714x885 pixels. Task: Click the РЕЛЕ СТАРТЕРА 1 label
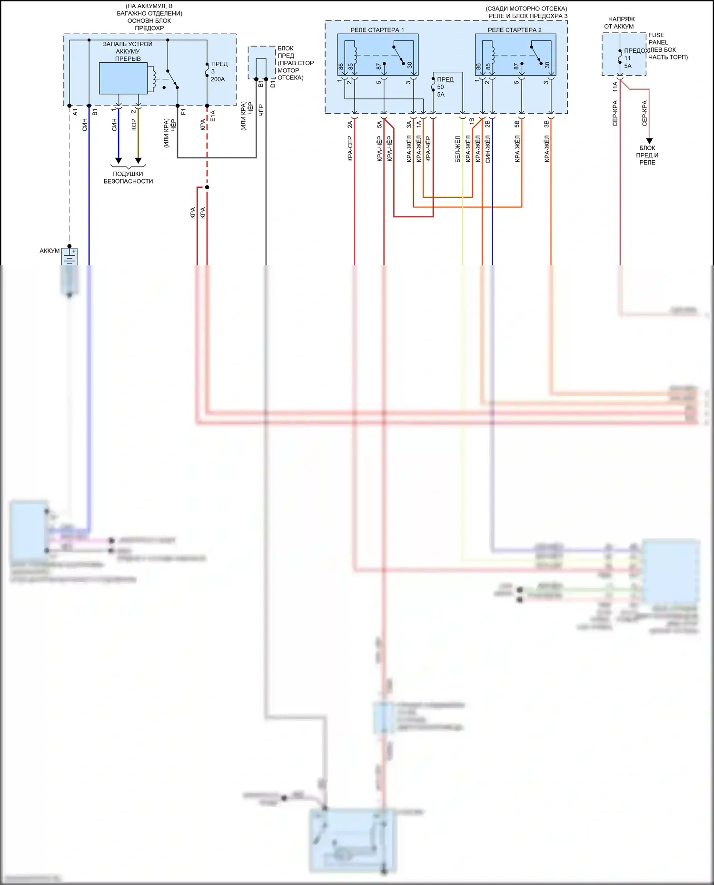377,30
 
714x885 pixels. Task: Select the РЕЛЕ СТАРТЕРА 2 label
515,30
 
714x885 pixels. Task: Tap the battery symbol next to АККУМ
69,257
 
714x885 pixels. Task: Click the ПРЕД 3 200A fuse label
218,71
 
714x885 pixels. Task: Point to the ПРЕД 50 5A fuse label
445,87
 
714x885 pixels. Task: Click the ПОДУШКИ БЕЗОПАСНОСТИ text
128,177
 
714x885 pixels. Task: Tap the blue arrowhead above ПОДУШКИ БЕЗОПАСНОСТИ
119,161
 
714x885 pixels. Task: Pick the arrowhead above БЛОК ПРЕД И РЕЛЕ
649,141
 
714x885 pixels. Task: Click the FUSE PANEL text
657,39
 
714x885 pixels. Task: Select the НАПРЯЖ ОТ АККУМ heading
620,23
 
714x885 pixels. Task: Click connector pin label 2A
350,125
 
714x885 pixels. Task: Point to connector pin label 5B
517,125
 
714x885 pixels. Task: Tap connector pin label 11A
615,87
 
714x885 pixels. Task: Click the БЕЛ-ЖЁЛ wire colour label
458,149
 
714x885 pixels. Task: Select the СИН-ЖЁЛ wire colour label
487,149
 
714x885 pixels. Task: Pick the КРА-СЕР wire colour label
350,149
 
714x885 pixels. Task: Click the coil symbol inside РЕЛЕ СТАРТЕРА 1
353,52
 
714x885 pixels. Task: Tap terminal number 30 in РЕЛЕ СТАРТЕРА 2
547,65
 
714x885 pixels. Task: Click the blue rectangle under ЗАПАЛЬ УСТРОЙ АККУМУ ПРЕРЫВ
123,78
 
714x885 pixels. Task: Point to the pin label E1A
213,117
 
